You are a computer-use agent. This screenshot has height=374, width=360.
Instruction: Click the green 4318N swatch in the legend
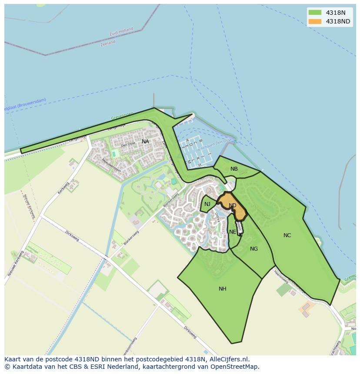click(314, 13)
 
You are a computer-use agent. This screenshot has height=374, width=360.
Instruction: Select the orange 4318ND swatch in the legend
click(314, 21)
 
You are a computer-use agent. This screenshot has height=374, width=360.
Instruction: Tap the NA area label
click(145, 142)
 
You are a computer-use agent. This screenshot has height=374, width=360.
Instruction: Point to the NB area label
click(234, 169)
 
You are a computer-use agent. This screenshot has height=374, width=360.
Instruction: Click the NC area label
click(287, 235)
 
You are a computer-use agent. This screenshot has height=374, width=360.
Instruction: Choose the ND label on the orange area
click(233, 205)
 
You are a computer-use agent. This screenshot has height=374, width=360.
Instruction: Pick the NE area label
click(233, 232)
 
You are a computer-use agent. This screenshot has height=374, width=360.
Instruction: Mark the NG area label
click(254, 249)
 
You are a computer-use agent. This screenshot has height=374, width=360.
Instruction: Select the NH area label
click(222, 289)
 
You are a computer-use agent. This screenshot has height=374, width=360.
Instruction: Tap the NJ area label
click(207, 204)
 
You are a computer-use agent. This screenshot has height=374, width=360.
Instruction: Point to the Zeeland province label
click(108, 43)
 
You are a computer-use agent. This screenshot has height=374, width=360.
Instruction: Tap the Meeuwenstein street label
click(111, 166)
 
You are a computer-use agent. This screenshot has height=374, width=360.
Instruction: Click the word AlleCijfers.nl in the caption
click(228, 359)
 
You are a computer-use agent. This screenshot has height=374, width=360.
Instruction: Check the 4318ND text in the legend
click(338, 21)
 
